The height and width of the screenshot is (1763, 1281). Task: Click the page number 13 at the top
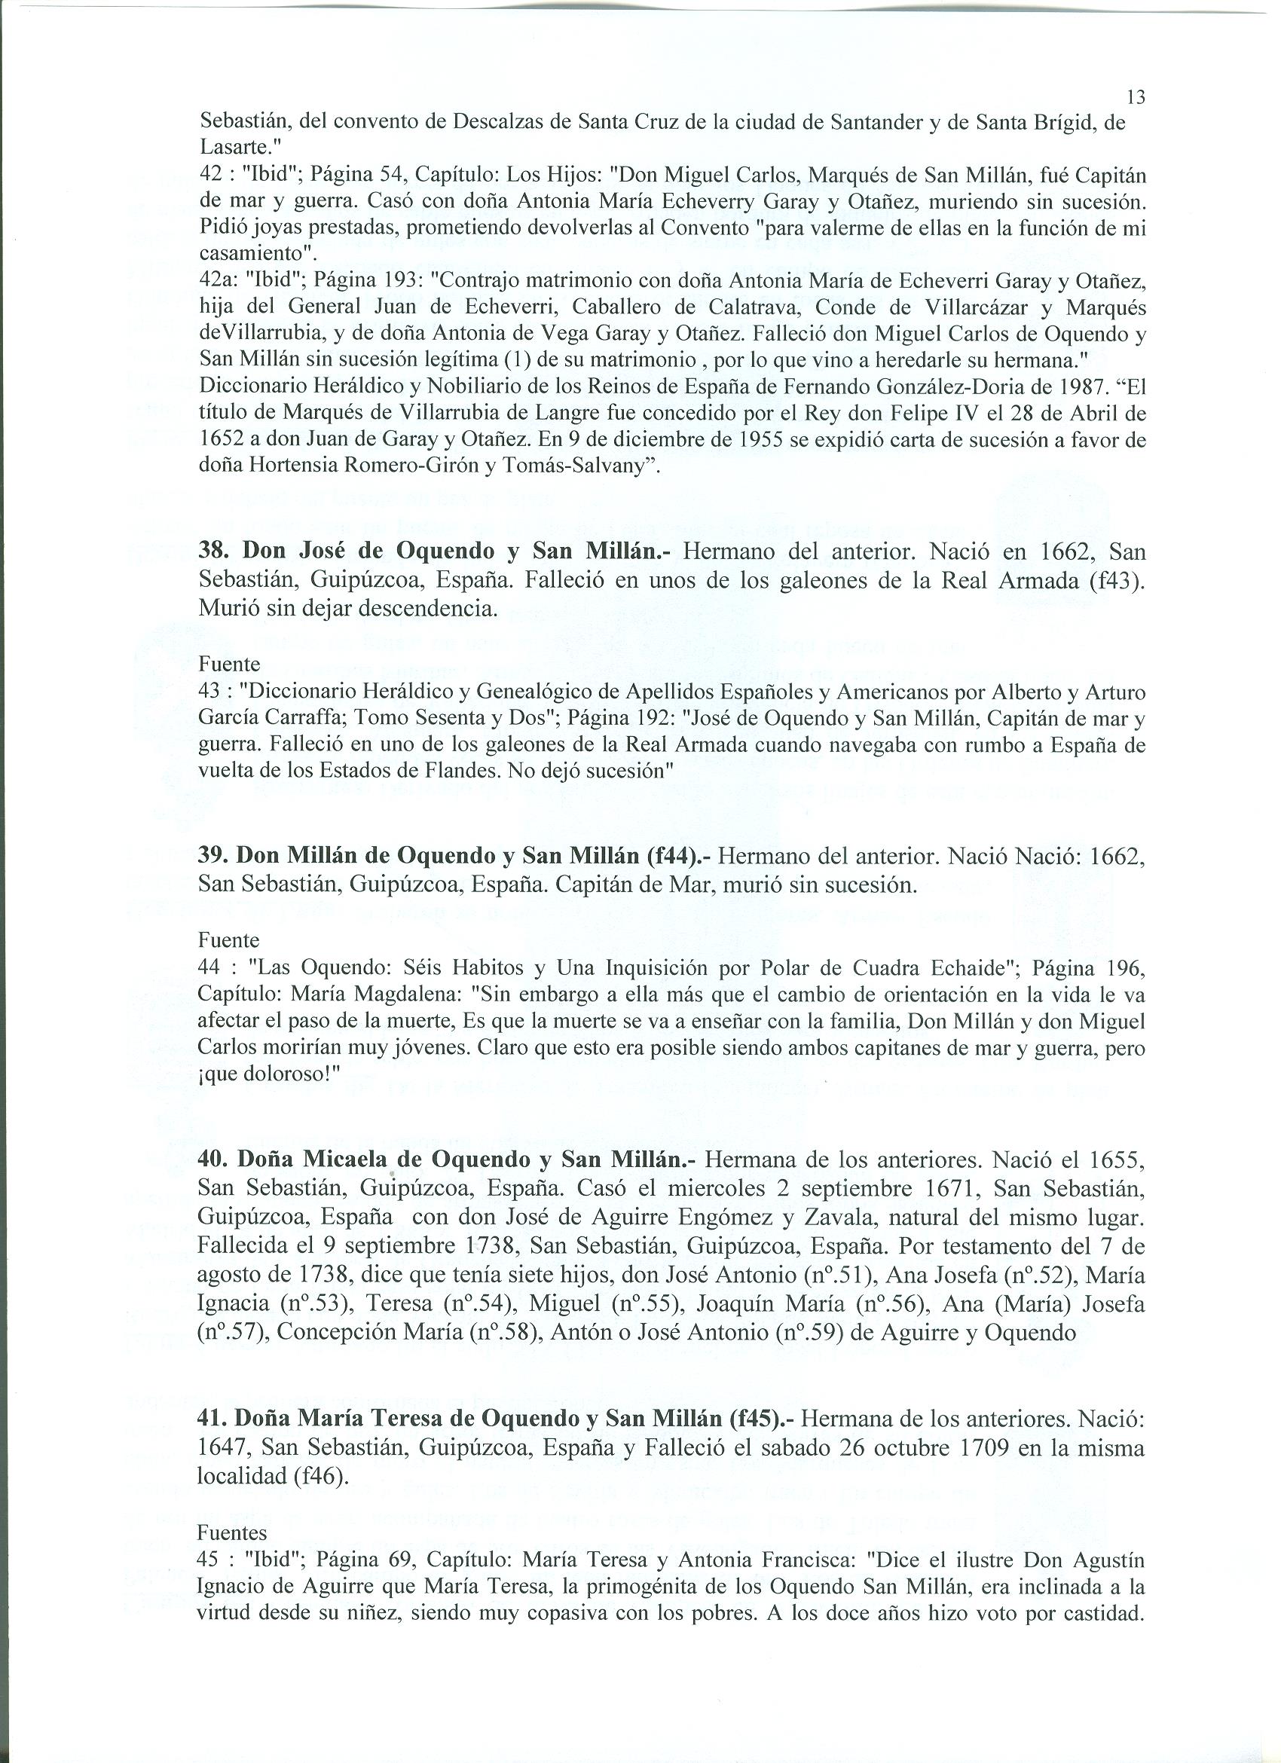1136,97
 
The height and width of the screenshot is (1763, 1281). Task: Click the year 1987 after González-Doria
1064,387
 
